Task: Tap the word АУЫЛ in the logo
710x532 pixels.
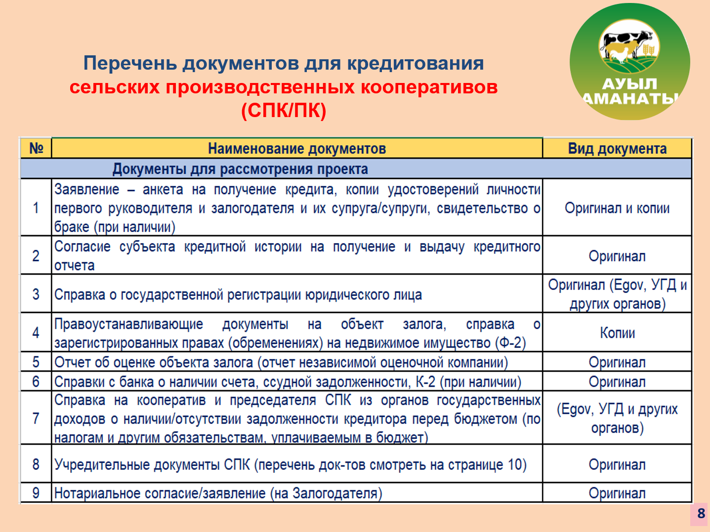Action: pyautogui.click(x=629, y=84)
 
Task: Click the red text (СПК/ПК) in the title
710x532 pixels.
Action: pyautogui.click(x=284, y=111)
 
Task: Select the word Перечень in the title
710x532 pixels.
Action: pyautogui.click(x=130, y=63)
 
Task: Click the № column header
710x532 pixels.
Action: pyautogui.click(x=36, y=148)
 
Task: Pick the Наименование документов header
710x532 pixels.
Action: pyautogui.click(x=297, y=149)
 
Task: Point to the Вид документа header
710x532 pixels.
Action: pyautogui.click(x=617, y=149)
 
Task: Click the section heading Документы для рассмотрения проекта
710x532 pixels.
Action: pyautogui.click(x=240, y=169)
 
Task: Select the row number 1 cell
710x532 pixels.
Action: pyautogui.click(x=36, y=207)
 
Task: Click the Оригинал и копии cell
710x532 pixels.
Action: pyautogui.click(x=617, y=208)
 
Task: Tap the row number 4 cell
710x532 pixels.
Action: pyautogui.click(x=36, y=332)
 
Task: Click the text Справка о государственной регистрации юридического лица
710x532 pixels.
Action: pyautogui.click(x=238, y=294)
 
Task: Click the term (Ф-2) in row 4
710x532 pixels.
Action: pyautogui.click(x=510, y=343)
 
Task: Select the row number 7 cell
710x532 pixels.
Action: pyautogui.click(x=36, y=418)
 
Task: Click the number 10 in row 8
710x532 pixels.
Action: pyautogui.click(x=514, y=465)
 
